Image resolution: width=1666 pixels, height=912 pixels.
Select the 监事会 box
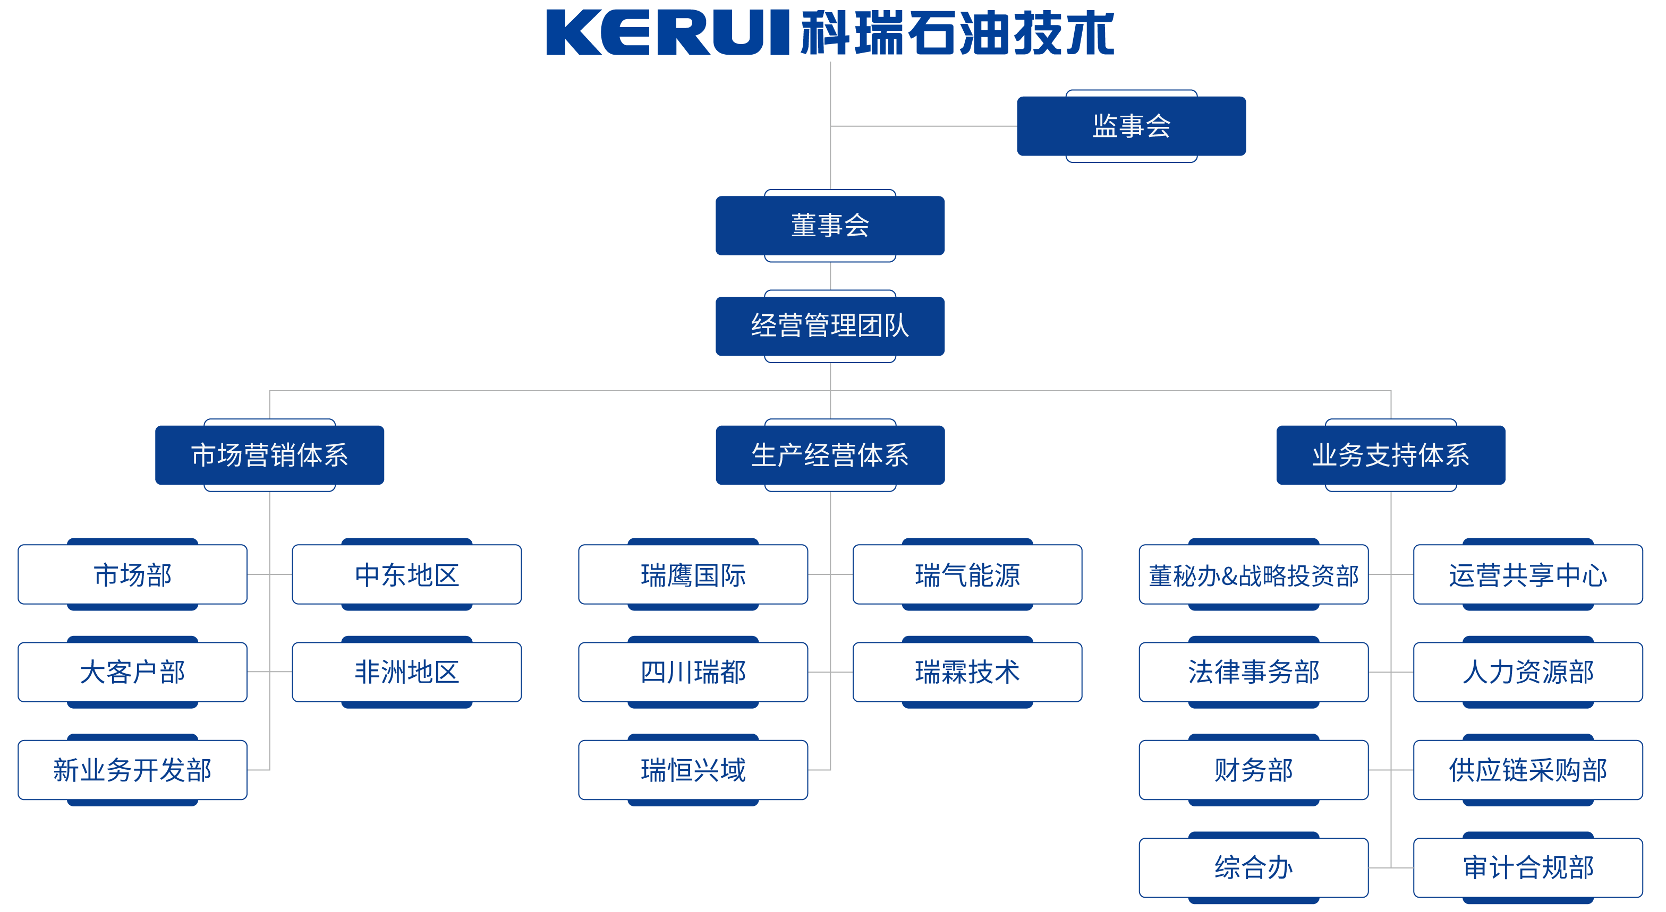[1131, 126]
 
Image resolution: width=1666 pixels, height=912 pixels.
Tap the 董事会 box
[830, 226]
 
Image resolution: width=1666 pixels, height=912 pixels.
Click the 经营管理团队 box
[830, 326]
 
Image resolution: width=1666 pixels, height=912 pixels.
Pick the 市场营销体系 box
[270, 455]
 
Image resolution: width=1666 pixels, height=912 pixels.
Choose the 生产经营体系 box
[830, 455]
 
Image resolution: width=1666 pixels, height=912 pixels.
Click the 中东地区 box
[407, 574]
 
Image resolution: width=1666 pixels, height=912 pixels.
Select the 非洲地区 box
[407, 672]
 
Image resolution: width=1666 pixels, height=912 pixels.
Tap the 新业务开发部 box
[133, 770]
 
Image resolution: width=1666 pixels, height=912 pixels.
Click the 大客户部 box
[133, 672]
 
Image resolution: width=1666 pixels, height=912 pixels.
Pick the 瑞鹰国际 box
[693, 574]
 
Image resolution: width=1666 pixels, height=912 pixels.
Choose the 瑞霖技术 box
[967, 672]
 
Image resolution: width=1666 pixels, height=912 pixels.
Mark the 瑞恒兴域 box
[693, 770]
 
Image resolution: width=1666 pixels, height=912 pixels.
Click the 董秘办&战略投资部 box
[1253, 574]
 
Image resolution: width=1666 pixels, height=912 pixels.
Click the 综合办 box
[1253, 867]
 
